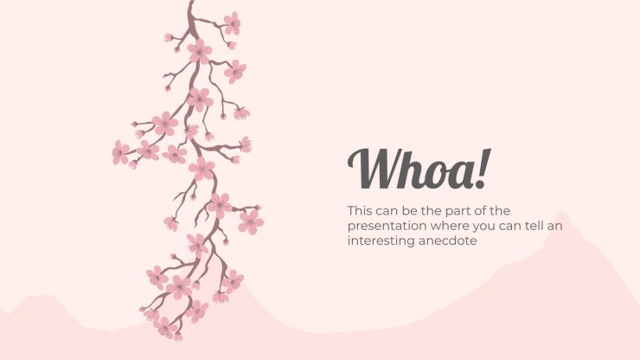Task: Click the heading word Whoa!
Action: pos(419,169)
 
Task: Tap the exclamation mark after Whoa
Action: pos(482,169)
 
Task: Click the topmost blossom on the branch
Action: pos(233,23)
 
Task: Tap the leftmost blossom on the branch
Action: pos(120,153)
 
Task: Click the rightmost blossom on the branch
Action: pos(251,222)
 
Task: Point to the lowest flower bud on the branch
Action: pos(178,337)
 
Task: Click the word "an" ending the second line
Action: pos(554,227)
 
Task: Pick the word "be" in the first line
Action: pos(409,211)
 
